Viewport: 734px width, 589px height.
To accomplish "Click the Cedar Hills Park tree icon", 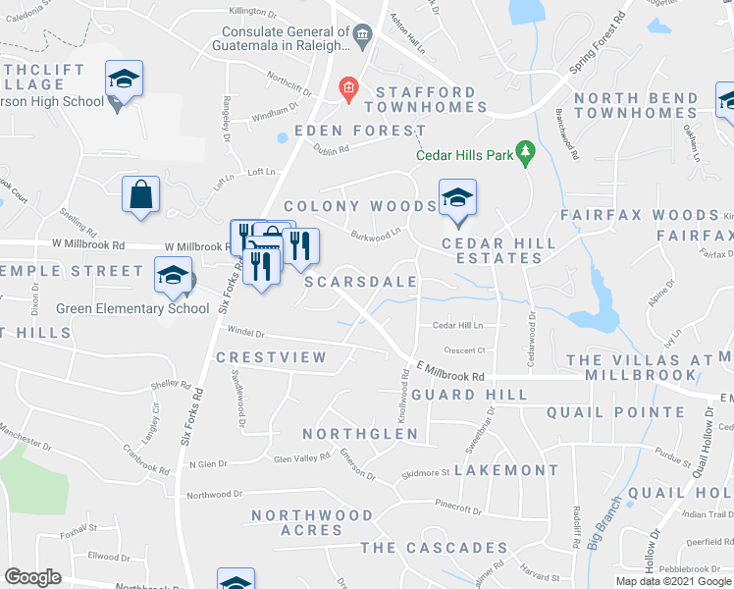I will (x=527, y=152).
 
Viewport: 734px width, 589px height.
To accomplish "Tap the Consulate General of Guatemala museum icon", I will (x=362, y=37).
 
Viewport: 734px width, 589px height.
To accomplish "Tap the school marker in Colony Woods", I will (x=456, y=198).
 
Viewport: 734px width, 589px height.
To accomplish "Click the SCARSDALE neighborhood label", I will (x=361, y=282).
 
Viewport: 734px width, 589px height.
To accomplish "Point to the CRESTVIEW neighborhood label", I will (x=271, y=358).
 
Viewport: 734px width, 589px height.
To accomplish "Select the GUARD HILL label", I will (x=469, y=395).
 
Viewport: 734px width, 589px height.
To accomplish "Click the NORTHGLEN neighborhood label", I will (x=360, y=434).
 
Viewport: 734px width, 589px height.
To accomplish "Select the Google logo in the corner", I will (x=32, y=577).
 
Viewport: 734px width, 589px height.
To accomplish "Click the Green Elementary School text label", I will (x=132, y=308).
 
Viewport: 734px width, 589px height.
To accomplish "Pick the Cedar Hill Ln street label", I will (x=457, y=325).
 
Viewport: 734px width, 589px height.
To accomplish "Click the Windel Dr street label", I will (x=246, y=332).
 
